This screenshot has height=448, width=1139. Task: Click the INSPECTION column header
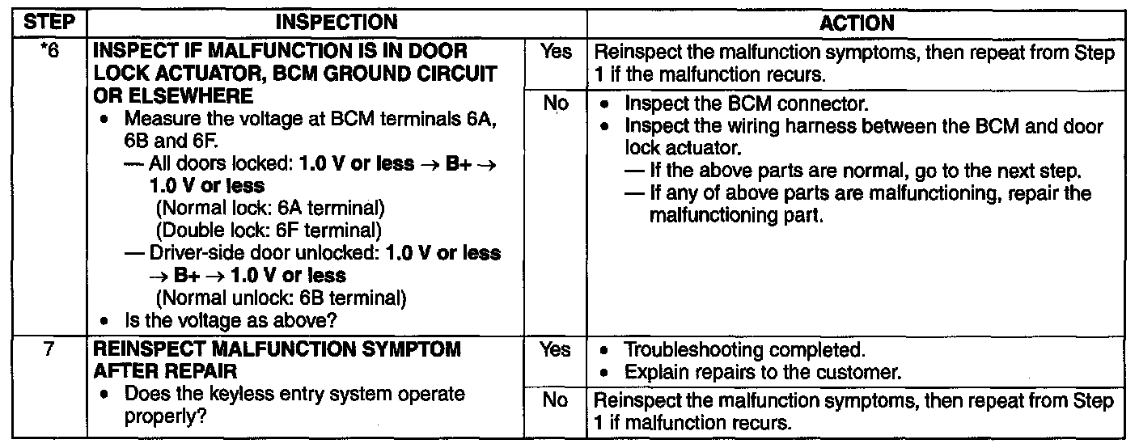(337, 23)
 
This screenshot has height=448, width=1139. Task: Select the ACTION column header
(857, 23)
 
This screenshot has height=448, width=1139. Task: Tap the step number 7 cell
(47, 350)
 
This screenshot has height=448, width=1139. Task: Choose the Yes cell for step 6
(556, 53)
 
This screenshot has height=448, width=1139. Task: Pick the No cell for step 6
(556, 104)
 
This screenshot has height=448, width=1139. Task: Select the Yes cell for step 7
(556, 350)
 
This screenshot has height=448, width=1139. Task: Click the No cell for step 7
(556, 401)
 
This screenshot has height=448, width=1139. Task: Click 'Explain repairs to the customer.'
(763, 373)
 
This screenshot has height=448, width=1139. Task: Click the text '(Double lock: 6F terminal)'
(269, 230)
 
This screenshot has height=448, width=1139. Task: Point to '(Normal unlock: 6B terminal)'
(279, 298)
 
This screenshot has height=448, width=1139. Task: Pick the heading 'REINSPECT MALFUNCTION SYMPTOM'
(277, 350)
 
